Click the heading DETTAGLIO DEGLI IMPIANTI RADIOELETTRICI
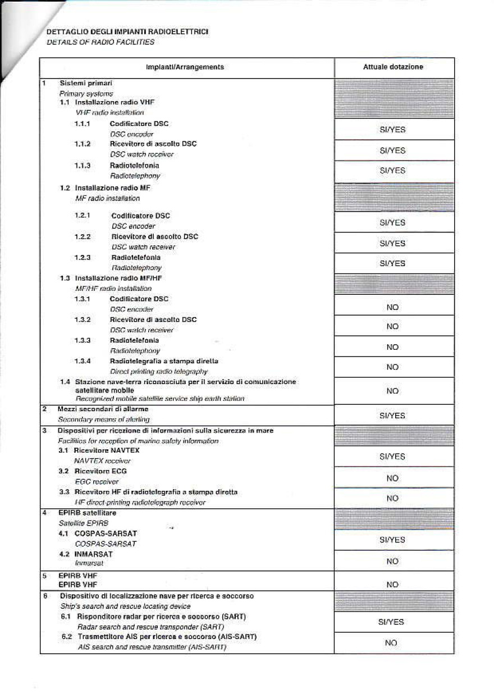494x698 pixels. pos(128,32)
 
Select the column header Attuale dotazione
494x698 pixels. pos(393,67)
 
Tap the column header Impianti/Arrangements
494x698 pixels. pos(185,67)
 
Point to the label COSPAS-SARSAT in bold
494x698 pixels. pos(106,533)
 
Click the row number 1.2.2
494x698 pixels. pos(82,236)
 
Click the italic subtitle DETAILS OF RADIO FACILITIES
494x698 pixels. pos(100,42)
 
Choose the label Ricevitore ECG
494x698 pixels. pos(97,471)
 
